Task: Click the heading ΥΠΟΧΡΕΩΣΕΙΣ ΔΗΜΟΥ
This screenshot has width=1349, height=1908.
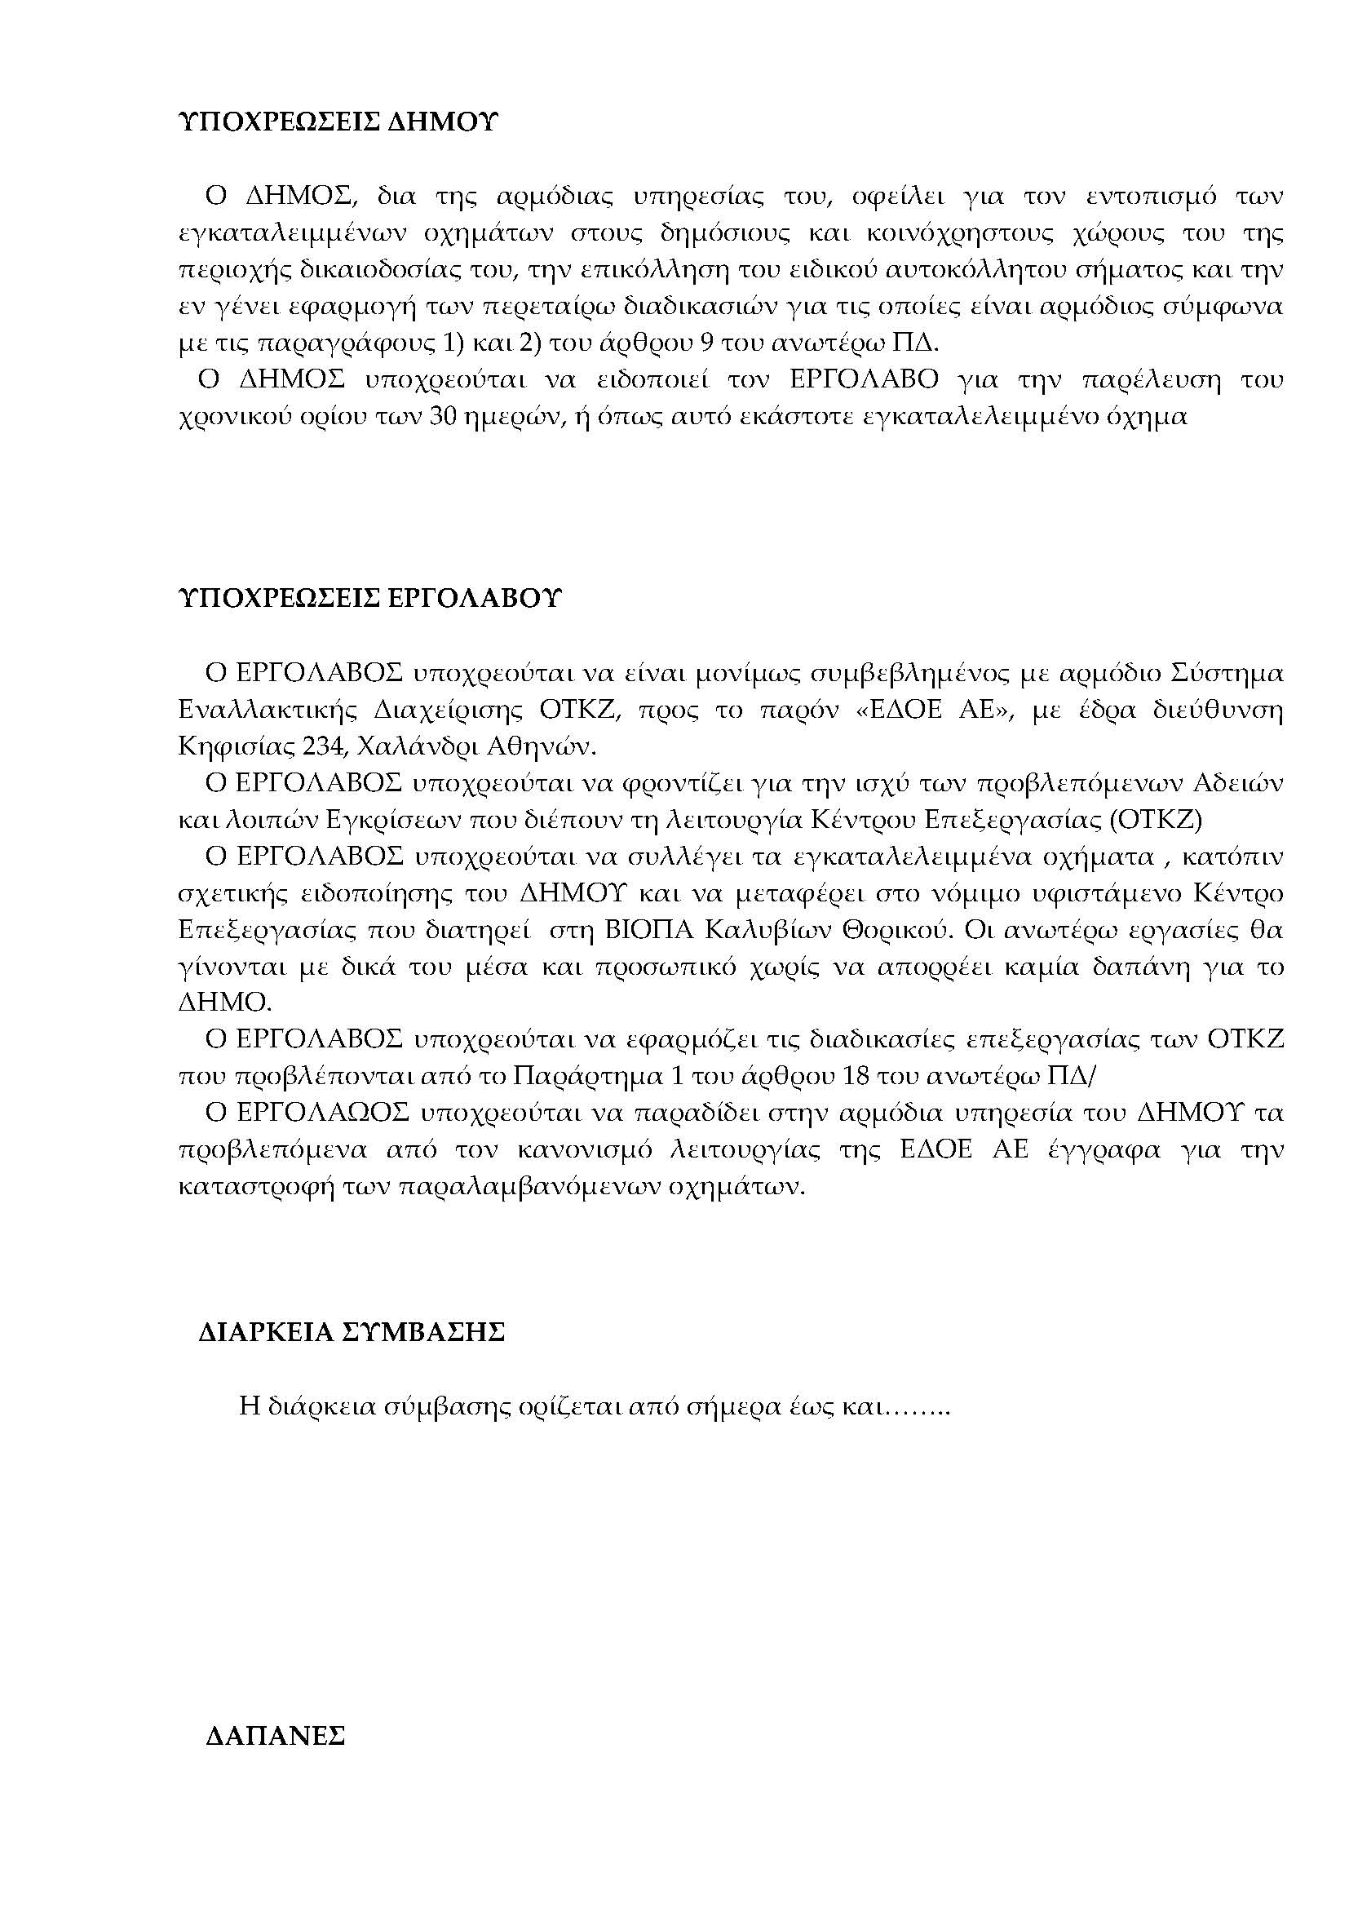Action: tap(338, 123)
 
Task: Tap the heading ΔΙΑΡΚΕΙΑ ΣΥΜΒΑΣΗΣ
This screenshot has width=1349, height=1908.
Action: tap(352, 1332)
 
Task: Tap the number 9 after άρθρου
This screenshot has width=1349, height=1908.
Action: tap(709, 343)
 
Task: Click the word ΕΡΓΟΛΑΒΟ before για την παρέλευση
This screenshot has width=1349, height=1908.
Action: tap(864, 380)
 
